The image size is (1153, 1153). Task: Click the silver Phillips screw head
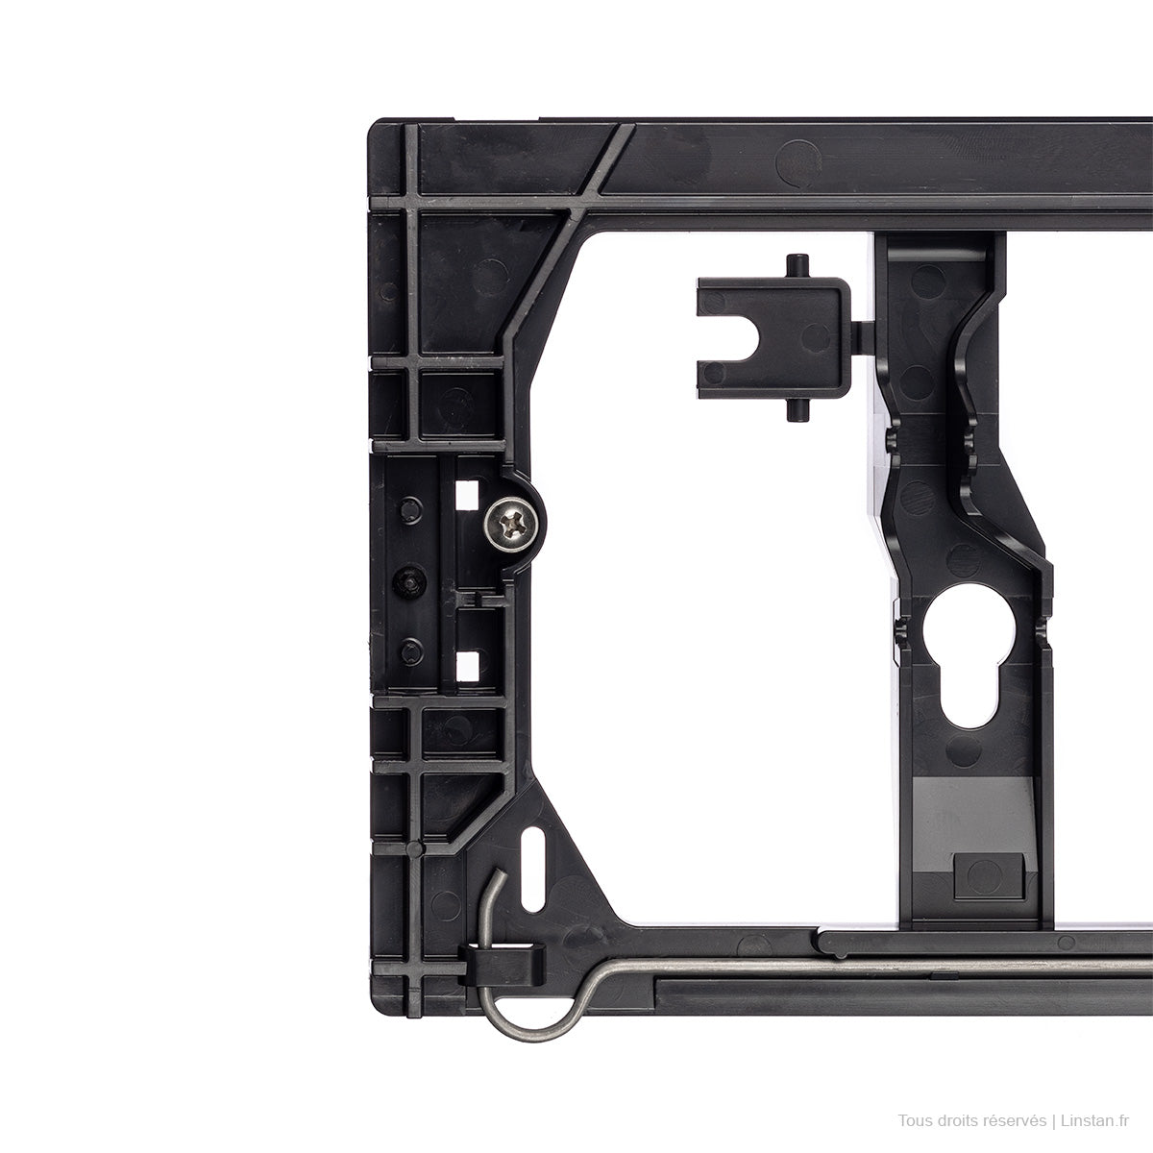pyautogui.click(x=509, y=525)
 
